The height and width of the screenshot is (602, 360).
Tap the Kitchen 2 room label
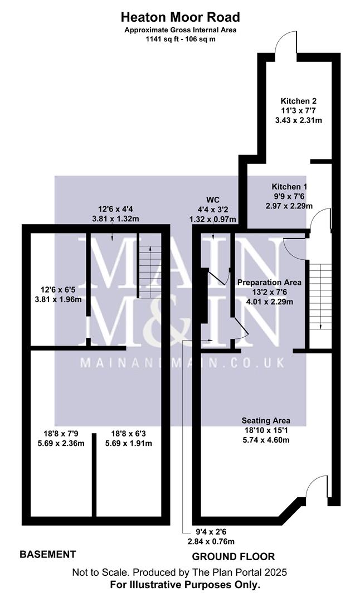click(x=299, y=101)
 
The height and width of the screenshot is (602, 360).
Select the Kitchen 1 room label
click(x=290, y=186)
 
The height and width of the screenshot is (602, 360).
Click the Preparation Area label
click(x=269, y=283)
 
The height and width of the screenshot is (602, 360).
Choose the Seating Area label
click(x=266, y=420)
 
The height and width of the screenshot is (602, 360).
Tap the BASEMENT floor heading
click(x=48, y=554)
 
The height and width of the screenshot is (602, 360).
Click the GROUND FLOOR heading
click(x=233, y=556)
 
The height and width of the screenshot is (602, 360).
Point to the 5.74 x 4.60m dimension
click(x=266, y=440)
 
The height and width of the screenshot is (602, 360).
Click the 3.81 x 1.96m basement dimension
click(x=58, y=299)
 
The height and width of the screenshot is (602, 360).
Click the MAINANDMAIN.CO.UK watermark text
click(x=182, y=362)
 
